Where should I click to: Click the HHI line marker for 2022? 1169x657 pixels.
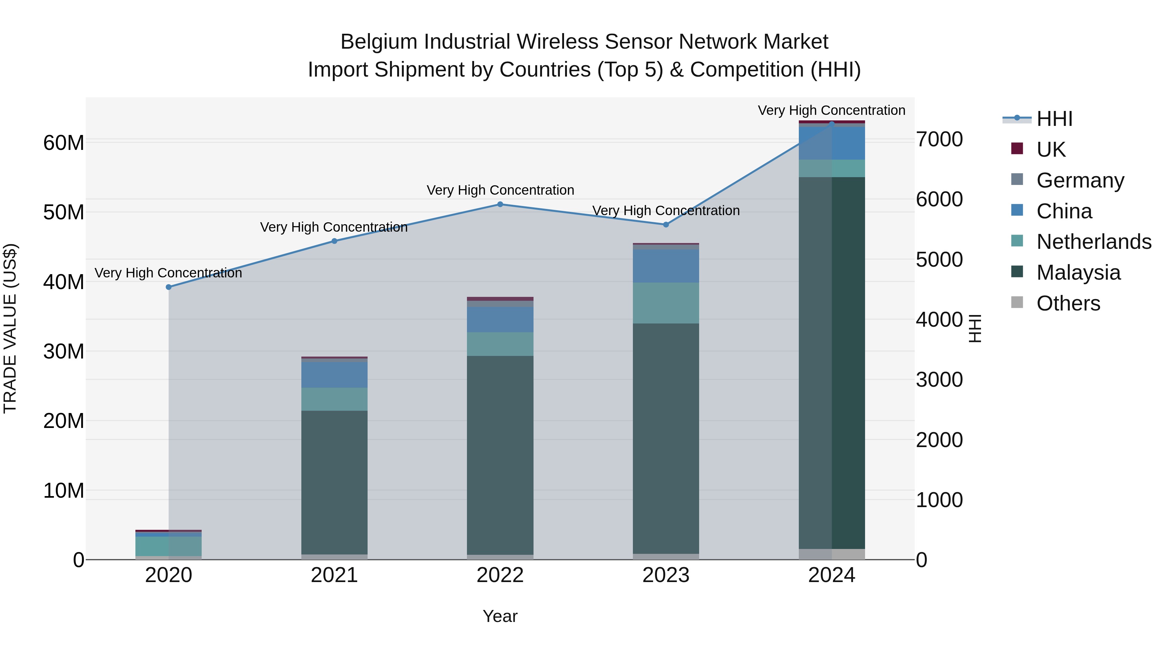point(500,204)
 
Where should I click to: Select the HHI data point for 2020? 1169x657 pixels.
point(169,287)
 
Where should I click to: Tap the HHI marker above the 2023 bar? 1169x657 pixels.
point(666,225)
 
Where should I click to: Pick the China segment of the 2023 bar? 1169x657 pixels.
point(666,266)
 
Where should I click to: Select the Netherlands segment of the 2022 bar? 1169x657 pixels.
point(500,344)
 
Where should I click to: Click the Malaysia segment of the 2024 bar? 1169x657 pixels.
point(832,363)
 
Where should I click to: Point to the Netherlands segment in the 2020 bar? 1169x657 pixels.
point(169,546)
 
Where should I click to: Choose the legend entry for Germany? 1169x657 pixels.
point(1080,180)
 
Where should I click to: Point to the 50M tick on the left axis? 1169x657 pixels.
point(64,212)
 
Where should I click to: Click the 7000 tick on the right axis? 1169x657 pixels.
point(939,139)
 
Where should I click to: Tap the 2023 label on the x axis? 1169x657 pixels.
point(666,575)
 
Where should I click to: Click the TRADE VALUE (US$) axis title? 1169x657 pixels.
point(10,328)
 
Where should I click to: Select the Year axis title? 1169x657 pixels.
point(500,616)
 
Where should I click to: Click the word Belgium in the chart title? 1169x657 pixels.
point(379,42)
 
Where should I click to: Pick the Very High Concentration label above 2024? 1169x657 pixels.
point(831,110)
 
